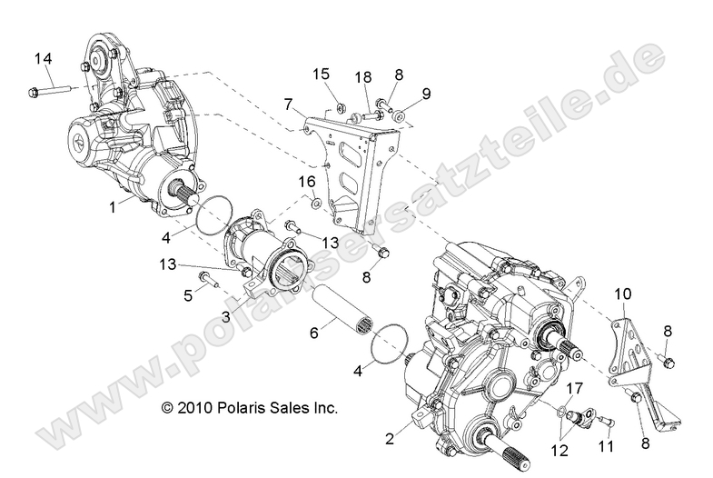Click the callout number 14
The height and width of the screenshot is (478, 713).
coord(44,59)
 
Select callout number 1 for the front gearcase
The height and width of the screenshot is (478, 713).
coord(113,208)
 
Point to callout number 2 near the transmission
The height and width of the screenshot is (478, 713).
coord(390,438)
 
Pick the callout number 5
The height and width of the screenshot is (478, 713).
coord(189,295)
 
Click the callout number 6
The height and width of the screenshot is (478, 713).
coord(314,334)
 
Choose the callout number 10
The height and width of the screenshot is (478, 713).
coord(620,294)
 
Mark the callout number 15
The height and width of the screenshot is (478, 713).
coord(322,73)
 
